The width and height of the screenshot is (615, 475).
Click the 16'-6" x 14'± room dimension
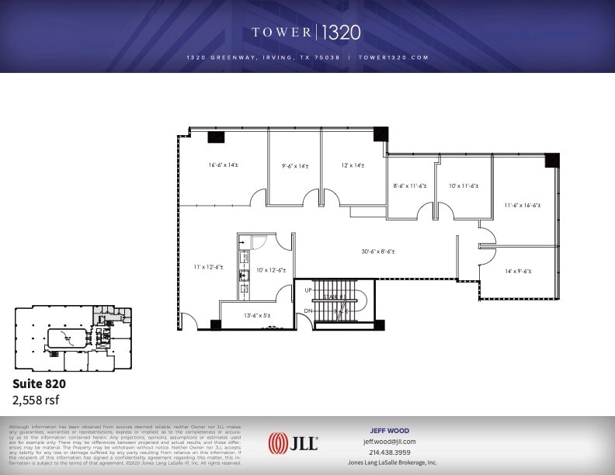(223, 165)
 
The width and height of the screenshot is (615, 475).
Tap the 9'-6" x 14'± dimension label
(295, 165)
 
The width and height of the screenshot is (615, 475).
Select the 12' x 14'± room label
(353, 165)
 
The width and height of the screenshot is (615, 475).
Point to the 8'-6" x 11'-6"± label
(411, 185)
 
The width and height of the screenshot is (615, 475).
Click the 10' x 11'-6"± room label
(464, 185)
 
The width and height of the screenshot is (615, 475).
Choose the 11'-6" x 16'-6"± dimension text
(523, 206)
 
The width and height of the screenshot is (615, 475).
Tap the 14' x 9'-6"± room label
(517, 271)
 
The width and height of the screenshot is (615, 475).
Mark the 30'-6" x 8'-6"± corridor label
(379, 251)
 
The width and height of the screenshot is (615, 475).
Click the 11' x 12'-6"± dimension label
(208, 267)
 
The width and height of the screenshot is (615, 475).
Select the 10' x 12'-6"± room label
(271, 270)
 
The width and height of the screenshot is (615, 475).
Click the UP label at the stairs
(308, 290)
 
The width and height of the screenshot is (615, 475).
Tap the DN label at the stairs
(308, 310)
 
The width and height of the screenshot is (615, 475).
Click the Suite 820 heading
(39, 383)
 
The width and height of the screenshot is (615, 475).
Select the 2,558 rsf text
(35, 400)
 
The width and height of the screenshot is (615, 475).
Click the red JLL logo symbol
(277, 445)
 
